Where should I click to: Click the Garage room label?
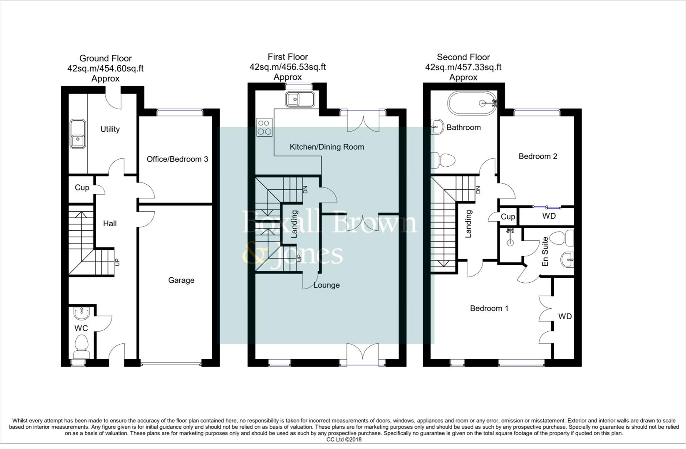tap(181, 280)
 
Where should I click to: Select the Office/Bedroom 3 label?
tap(177, 159)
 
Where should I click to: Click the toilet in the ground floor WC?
tap(81, 346)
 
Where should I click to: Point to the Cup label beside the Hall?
tap(82, 187)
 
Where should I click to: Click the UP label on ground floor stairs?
tap(117, 262)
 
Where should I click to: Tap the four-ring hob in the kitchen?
tap(265, 127)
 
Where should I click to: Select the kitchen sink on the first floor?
tap(300, 99)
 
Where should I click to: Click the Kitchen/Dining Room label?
tap(327, 147)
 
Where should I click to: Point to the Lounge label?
tap(327, 285)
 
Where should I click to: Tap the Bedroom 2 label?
tap(537, 156)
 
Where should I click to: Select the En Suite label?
tap(545, 252)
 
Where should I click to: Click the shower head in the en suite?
tap(510, 239)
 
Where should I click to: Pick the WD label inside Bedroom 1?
tap(565, 316)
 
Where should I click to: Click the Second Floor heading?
tap(463, 57)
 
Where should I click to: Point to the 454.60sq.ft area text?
tap(121, 69)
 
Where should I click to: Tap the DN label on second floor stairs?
tap(478, 190)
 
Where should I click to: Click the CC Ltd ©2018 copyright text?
tap(344, 439)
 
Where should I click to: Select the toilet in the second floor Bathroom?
tap(443, 160)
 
